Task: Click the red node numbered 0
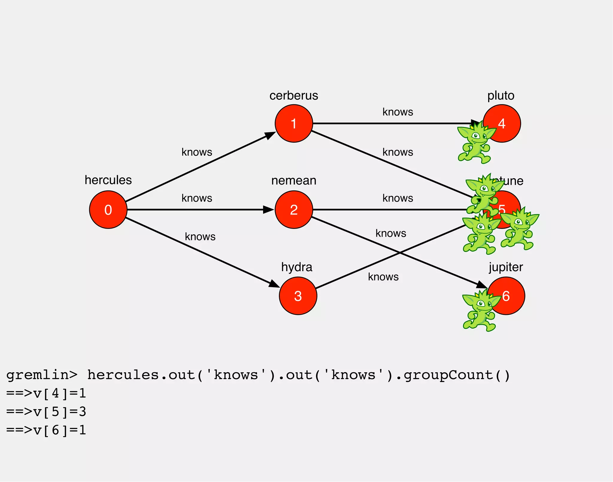pos(108,210)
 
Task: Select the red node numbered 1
pos(294,123)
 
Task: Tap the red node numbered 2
pos(294,210)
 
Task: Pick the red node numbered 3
pos(298,296)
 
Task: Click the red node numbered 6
pos(509,296)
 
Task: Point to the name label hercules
pos(108,180)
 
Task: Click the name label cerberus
pos(294,96)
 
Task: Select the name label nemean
pos(294,181)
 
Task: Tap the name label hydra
pos(297,267)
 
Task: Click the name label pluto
pos(501,96)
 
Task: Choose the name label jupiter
pos(506,267)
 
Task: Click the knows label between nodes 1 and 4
pos(397,112)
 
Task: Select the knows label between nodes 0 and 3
pos(200,237)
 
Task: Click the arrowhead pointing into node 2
pos(268,210)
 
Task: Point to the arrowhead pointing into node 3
pos(274,284)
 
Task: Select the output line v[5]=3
pos(46,412)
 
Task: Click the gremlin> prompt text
pos(42,375)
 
